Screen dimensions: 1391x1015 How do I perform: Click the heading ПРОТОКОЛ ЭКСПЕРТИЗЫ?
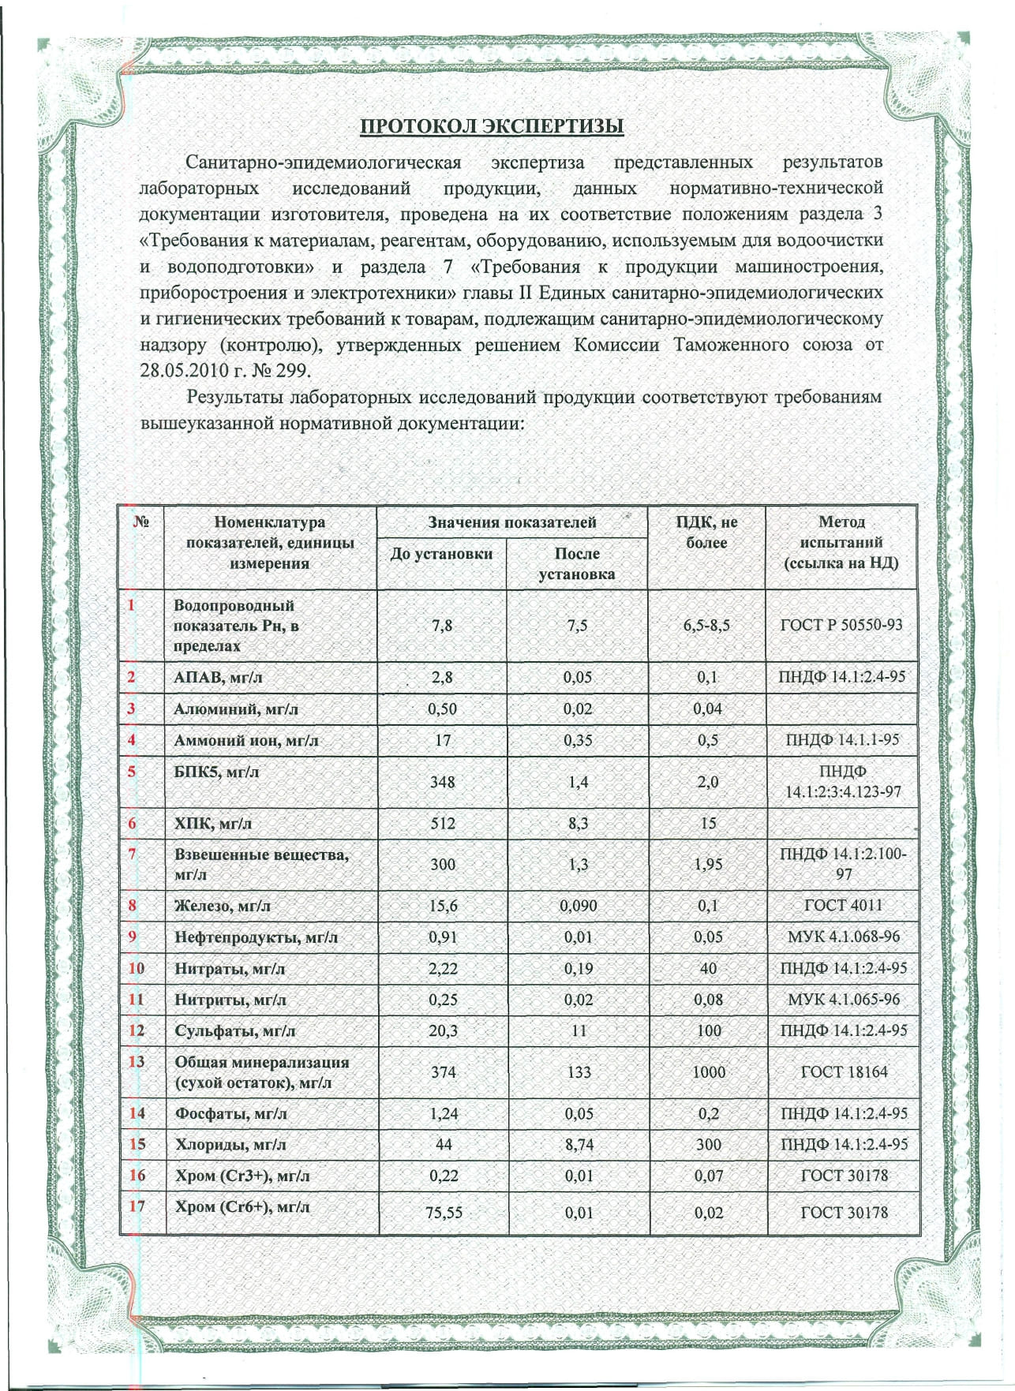coord(492,126)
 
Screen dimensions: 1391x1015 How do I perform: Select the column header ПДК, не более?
coord(706,533)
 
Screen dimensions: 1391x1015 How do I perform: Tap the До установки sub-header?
coord(441,554)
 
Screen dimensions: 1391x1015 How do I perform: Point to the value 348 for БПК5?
coord(443,782)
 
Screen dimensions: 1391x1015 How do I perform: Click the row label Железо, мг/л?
coord(222,906)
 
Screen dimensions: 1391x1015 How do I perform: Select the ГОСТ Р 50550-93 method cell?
coord(841,625)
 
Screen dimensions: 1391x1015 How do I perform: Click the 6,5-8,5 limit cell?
coord(706,626)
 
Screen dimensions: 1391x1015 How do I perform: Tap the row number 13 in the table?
coord(137,1061)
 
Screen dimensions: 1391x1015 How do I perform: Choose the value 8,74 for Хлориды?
coord(579,1145)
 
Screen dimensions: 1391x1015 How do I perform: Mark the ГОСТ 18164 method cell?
coord(844,1071)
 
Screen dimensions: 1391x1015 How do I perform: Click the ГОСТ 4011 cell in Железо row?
coord(843,906)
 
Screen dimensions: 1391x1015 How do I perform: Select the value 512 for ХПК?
coord(443,823)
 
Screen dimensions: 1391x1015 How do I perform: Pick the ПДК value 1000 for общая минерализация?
coord(708,1071)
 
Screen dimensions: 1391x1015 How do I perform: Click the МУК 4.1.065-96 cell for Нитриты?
coord(843,1000)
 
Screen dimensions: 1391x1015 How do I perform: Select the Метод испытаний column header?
coord(841,543)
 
